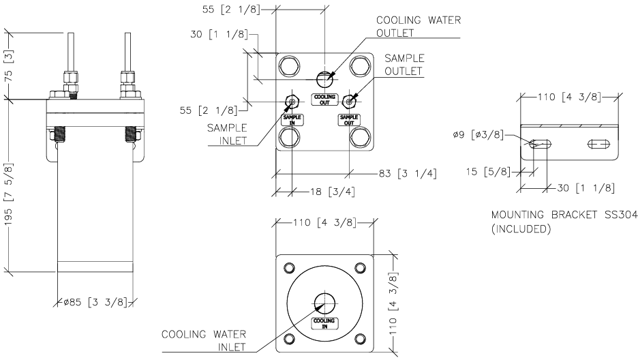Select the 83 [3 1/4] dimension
click(408, 172)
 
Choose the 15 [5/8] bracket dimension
click(490, 171)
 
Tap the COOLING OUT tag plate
click(324, 100)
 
